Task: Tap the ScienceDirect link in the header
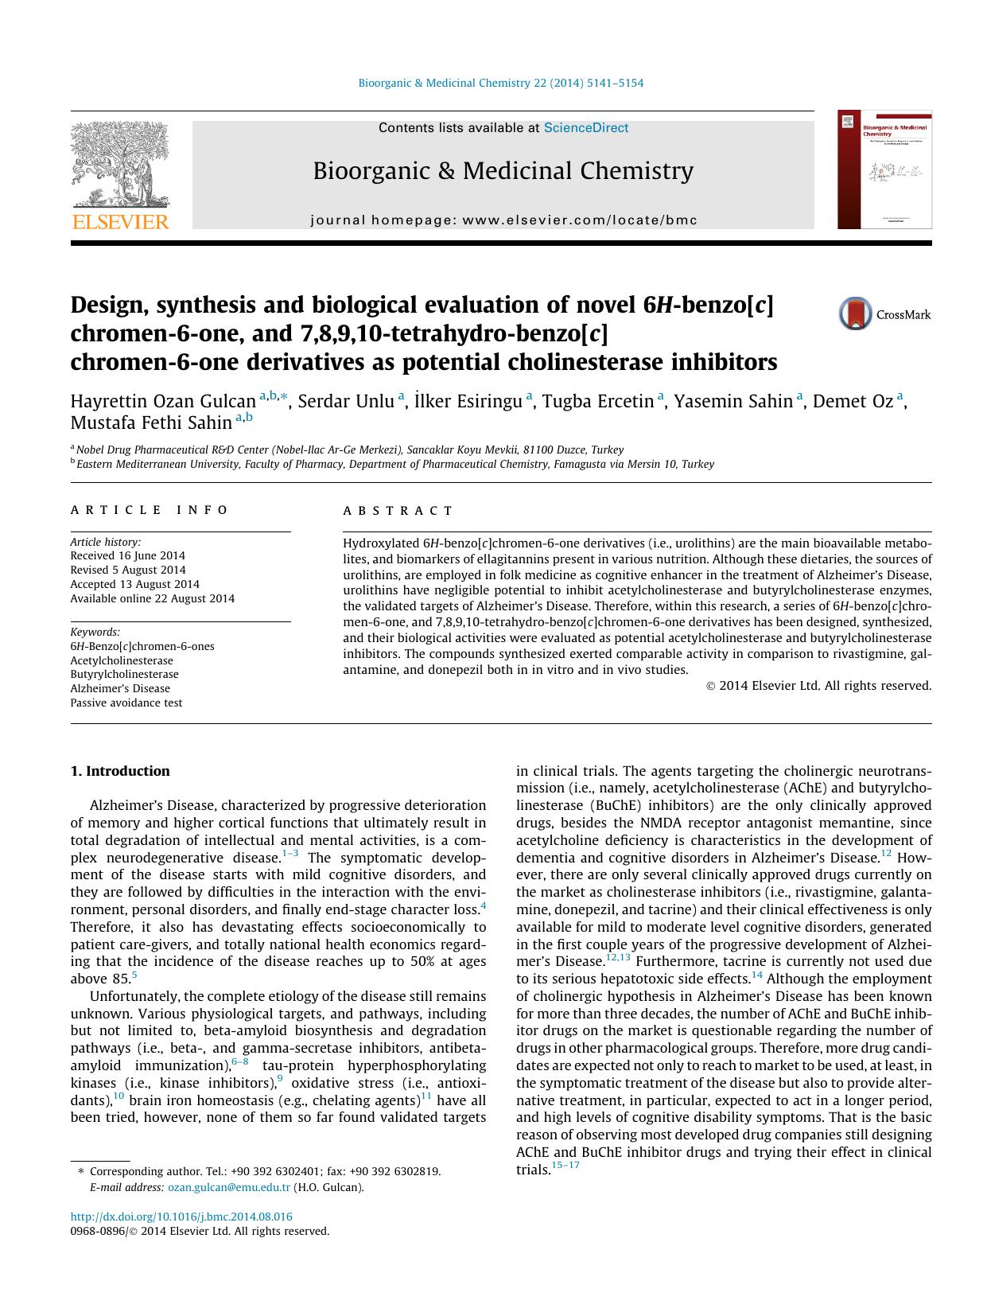[x=585, y=128]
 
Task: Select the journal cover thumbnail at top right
[x=884, y=170]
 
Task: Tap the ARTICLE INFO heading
[x=150, y=510]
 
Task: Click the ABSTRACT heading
[x=398, y=511]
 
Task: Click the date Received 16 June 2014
[x=127, y=555]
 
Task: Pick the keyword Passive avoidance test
[x=126, y=703]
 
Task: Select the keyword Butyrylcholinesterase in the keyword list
[x=124, y=674]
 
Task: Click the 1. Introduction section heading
[x=119, y=771]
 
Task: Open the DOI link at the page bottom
[x=181, y=1217]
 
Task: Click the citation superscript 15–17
[x=565, y=1166]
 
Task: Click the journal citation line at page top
[x=501, y=83]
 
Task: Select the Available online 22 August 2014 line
[x=152, y=598]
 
